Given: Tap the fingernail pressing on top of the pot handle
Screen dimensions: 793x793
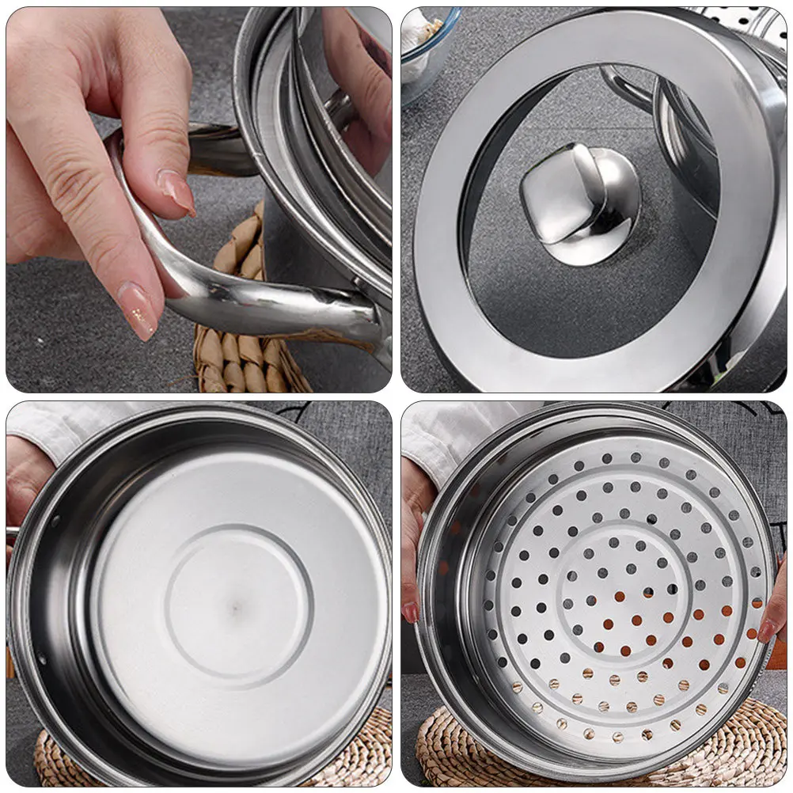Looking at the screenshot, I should [x=177, y=192].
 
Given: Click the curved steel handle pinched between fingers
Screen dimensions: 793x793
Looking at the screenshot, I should [x=237, y=297].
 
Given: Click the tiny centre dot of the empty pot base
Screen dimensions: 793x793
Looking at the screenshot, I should [x=237, y=608].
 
